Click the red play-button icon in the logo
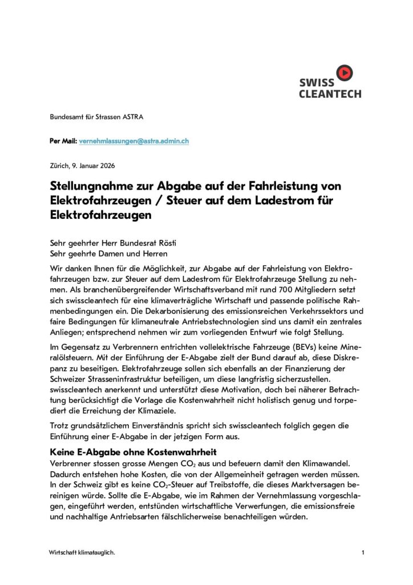[345, 73]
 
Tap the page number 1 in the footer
[363, 552]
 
